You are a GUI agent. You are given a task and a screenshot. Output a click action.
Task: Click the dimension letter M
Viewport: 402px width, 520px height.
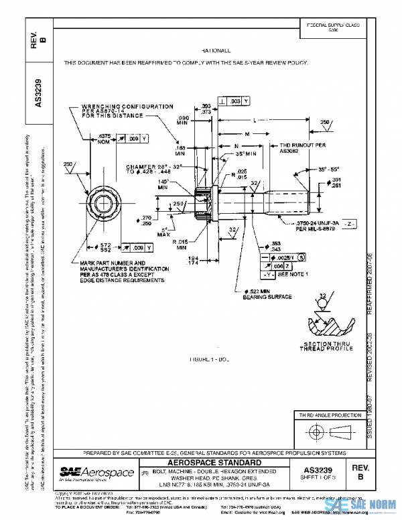(x=247, y=133)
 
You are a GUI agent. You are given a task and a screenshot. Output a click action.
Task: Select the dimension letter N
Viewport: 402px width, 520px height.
(x=237, y=145)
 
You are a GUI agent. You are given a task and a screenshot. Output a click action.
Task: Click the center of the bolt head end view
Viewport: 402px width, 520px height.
(x=106, y=201)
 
